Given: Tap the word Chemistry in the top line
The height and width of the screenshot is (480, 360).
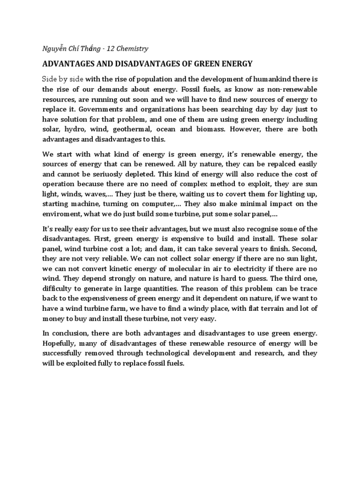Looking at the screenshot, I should point(131,48).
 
